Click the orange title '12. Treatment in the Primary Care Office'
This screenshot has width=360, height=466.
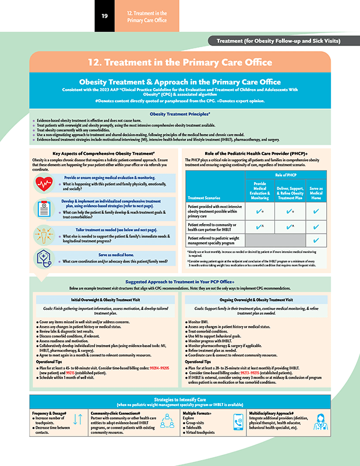coord(179,62)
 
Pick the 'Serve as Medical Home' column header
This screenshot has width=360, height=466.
coord(316,193)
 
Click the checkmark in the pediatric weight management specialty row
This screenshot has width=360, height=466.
coord(316,241)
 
